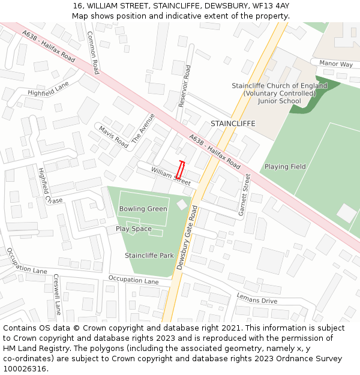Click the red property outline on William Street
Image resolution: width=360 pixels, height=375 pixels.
[181, 170]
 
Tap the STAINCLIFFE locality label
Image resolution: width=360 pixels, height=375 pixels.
[233, 124]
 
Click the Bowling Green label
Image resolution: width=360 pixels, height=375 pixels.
[143, 209]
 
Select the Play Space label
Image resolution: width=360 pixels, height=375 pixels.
[134, 229]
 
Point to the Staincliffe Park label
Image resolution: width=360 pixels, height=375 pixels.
[149, 256]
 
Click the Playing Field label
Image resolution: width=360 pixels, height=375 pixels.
[285, 167]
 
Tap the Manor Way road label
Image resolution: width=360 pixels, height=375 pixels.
[336, 64]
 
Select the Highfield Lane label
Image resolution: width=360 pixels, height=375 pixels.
[48, 89]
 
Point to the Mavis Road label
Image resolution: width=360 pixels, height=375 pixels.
[113, 137]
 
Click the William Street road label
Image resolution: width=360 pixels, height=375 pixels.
[170, 175]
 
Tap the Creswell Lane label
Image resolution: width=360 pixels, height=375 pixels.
[57, 295]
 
